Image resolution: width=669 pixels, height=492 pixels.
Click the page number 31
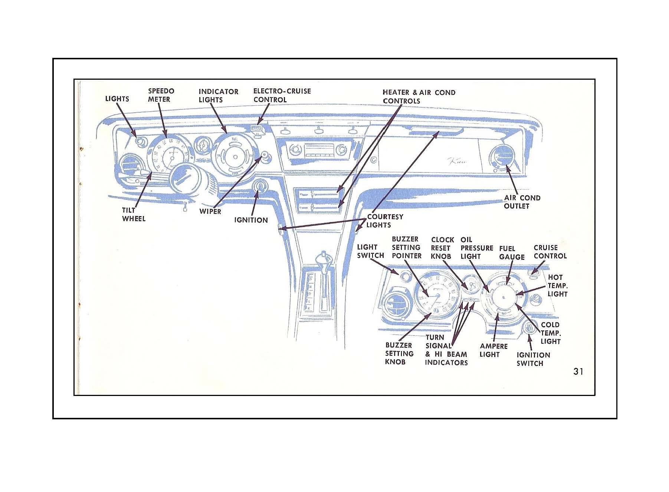pyautogui.click(x=578, y=372)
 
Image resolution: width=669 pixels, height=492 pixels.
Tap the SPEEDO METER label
pyautogui.click(x=161, y=95)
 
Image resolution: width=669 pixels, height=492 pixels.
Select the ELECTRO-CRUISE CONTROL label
pyautogui.click(x=282, y=95)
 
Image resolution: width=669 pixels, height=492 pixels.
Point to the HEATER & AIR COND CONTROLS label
pyautogui.click(x=419, y=96)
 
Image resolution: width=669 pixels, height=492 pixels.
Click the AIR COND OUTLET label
pyautogui.click(x=522, y=202)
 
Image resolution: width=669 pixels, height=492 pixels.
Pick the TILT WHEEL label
pyautogui.click(x=134, y=215)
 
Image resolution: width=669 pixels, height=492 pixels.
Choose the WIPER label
pyautogui.click(x=210, y=211)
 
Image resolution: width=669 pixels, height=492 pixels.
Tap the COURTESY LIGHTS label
pyautogui.click(x=384, y=221)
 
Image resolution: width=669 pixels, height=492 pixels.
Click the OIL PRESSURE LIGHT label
pyautogui.click(x=476, y=248)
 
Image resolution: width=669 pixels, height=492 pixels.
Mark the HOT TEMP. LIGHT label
pyautogui.click(x=557, y=285)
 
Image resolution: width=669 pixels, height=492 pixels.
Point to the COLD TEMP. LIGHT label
pyautogui.click(x=550, y=333)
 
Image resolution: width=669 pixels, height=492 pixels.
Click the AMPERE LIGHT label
pyautogui.click(x=493, y=350)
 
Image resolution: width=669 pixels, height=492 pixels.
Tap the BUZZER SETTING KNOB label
pyautogui.click(x=399, y=353)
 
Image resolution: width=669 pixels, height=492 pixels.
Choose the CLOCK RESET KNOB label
pyautogui.click(x=442, y=248)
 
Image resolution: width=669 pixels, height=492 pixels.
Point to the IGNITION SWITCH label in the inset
pyautogui.click(x=533, y=359)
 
